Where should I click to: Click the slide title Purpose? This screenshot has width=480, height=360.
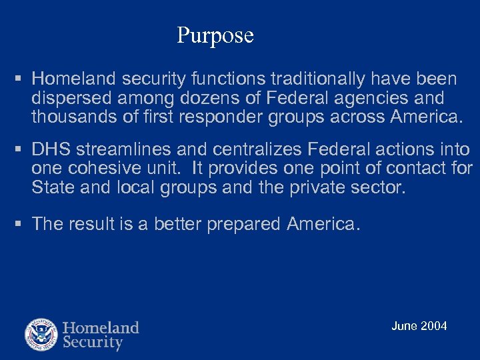[215, 35]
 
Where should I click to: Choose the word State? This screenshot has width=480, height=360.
[53, 188]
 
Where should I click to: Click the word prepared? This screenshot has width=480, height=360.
[244, 225]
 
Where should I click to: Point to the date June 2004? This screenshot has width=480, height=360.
[419, 326]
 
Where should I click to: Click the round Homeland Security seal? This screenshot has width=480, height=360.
[41, 335]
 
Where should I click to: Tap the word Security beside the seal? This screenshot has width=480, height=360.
[93, 343]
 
